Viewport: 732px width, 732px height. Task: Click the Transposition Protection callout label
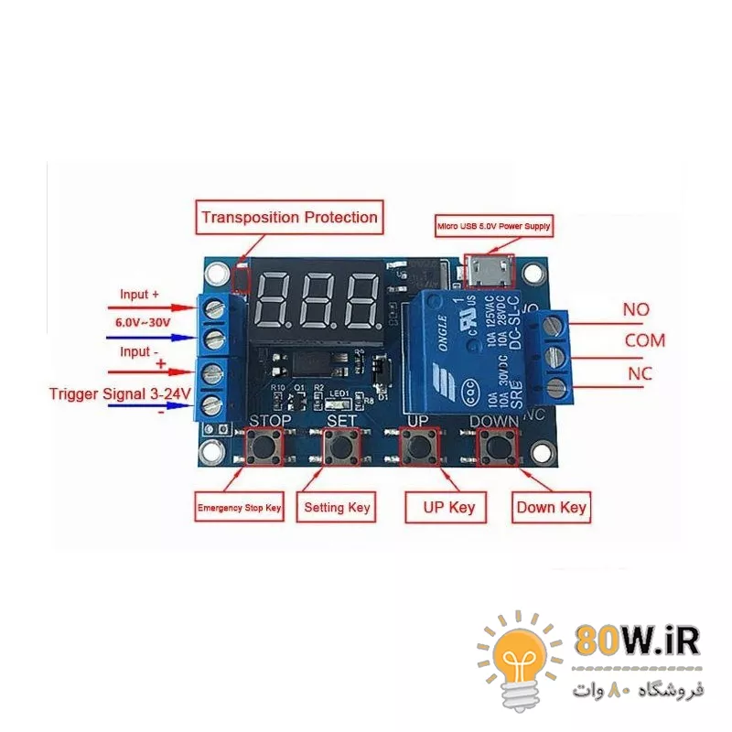pos(289,218)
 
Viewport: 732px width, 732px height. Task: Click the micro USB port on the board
pos(490,271)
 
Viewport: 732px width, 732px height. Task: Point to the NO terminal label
pos(636,310)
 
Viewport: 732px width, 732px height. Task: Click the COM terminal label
pos(645,341)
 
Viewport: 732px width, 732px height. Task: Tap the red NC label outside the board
pos(640,374)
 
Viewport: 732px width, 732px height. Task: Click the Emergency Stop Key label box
pos(240,507)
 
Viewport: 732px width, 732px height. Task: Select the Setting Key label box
pos(337,507)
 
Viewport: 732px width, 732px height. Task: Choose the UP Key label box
pos(446,506)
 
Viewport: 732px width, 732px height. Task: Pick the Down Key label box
pos(551,507)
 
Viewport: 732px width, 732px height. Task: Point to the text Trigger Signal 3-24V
pos(120,394)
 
